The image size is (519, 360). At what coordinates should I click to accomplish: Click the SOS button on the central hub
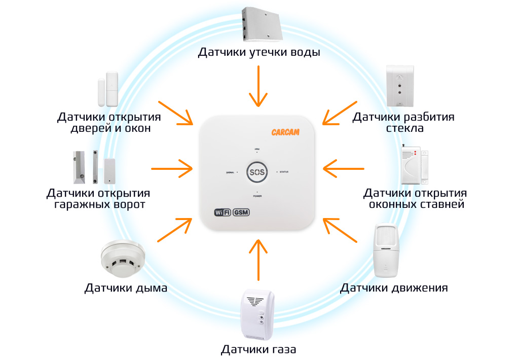(x=257, y=172)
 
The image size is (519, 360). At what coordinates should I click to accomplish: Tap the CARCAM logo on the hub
(x=285, y=132)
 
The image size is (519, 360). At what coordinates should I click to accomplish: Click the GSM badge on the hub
(x=241, y=212)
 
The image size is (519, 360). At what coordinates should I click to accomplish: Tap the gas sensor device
(x=258, y=315)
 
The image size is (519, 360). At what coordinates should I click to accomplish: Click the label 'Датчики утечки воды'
(x=259, y=53)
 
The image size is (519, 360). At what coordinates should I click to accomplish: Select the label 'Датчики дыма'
(x=126, y=289)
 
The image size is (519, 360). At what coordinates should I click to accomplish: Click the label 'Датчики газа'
(x=258, y=349)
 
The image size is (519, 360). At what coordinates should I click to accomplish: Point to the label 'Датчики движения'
(x=393, y=289)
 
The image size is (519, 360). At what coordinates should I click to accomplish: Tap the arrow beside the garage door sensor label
(x=172, y=167)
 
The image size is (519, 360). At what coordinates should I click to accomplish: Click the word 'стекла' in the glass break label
(x=404, y=128)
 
